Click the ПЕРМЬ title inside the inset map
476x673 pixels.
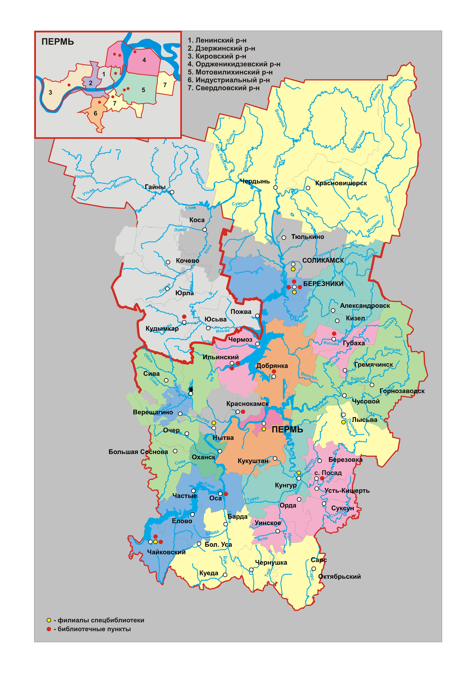(58, 42)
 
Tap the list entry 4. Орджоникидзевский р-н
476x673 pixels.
(234, 64)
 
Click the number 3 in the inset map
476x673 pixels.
(50, 93)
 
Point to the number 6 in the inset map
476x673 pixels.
(95, 114)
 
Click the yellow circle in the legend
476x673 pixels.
(49, 620)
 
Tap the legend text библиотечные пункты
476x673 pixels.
(94, 629)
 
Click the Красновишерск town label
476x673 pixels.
(341, 183)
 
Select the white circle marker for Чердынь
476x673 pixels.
(275, 188)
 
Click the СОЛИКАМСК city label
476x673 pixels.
(323, 261)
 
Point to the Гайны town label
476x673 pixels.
(155, 187)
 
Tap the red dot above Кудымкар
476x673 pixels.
(184, 316)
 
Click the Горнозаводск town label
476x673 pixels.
(402, 391)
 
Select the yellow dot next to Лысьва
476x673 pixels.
(343, 422)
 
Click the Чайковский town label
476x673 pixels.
(166, 552)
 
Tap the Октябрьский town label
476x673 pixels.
(339, 576)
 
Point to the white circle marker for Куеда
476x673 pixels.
(225, 575)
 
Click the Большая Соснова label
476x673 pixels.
(138, 452)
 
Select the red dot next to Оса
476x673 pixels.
(226, 494)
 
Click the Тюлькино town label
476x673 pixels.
(308, 237)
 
